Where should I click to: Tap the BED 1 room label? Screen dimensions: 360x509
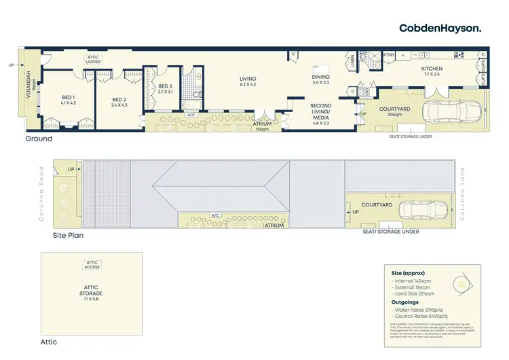[69, 99]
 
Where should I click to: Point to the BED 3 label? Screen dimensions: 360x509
[166, 89]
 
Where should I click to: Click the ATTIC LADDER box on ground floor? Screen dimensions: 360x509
[94, 59]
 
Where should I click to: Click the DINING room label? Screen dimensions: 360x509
[320, 79]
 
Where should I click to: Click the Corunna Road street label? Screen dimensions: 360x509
[42, 197]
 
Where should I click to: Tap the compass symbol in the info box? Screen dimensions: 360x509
[461, 283]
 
